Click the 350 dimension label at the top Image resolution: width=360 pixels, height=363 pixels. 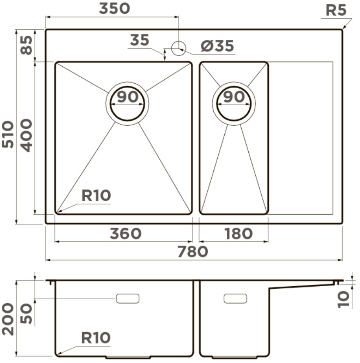[x=114, y=9]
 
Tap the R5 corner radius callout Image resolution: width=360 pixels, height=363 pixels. [x=336, y=10]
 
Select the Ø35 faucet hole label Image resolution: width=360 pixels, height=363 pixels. [x=217, y=46]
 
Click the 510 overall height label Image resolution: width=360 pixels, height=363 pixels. [x=7, y=134]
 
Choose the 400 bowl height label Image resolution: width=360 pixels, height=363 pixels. [x=26, y=135]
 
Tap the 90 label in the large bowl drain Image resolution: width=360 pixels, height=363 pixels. [x=127, y=97]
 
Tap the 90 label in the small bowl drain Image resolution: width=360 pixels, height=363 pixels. [x=234, y=97]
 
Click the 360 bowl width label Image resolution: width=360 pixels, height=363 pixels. [x=126, y=233]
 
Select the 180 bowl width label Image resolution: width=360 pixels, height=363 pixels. [x=238, y=233]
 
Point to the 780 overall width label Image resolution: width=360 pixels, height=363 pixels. [x=192, y=251]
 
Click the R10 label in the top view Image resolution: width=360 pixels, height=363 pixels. [x=96, y=195]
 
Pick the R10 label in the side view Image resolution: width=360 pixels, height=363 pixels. [x=96, y=338]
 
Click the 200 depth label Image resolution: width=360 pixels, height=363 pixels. [x=7, y=319]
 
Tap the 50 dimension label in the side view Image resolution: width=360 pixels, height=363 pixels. [x=26, y=314]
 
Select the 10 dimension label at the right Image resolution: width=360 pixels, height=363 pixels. [x=343, y=299]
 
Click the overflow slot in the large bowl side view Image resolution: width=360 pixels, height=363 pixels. [x=127, y=298]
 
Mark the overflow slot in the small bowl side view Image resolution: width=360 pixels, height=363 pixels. [x=235, y=298]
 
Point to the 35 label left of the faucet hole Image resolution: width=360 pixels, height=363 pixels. [x=139, y=40]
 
